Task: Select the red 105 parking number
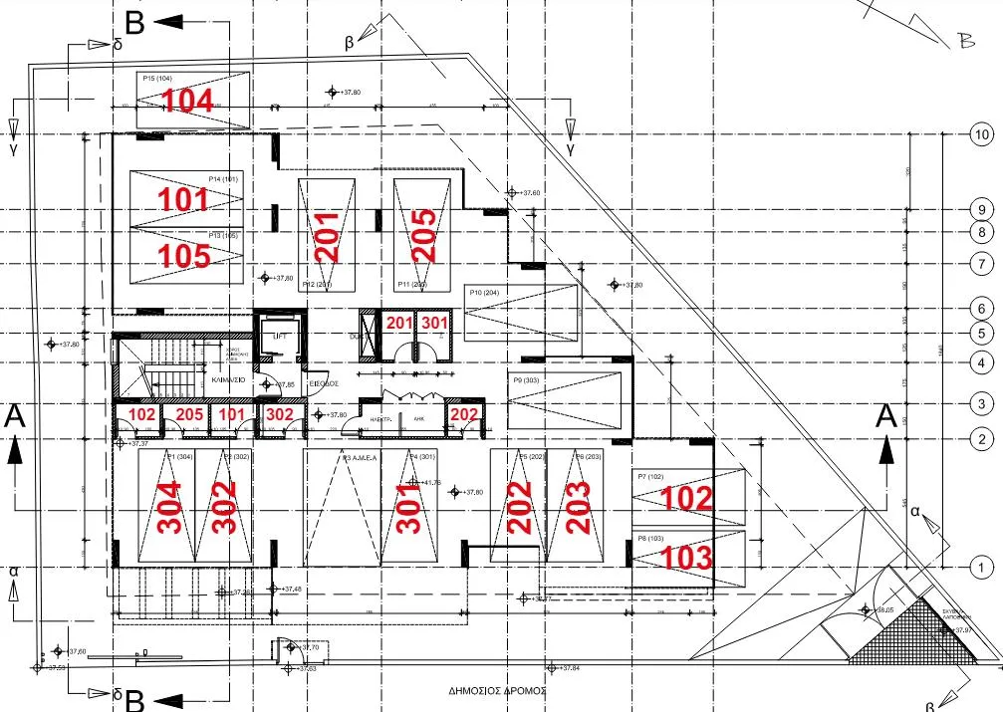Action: click(185, 256)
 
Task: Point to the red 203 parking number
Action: click(579, 507)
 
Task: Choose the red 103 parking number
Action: click(687, 557)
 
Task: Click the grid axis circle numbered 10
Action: click(982, 134)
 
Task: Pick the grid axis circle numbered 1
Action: click(982, 567)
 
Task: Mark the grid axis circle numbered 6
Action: click(982, 309)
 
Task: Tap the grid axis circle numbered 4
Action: click(982, 363)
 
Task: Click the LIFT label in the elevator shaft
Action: click(280, 337)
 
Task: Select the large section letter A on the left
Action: click(15, 416)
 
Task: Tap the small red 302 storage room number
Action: click(280, 414)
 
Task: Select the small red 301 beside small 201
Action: click(434, 323)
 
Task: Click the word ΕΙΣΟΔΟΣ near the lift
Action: click(325, 382)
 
